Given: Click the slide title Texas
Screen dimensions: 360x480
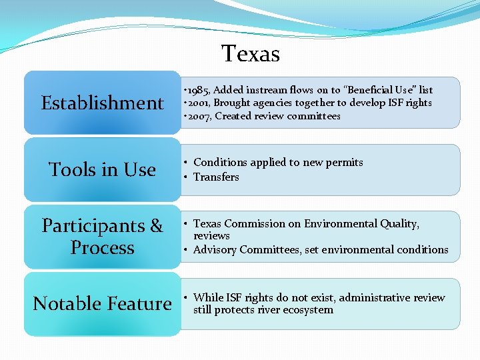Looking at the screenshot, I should coord(251,53).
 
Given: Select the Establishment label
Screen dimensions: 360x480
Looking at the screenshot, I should coord(102,103).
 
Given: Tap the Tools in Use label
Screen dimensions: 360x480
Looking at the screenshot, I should coord(102,170).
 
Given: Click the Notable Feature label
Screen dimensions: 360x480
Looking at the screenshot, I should coord(102,304).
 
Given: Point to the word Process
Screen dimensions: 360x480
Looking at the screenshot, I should coord(102,248).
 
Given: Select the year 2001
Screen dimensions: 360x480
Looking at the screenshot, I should coord(197,103).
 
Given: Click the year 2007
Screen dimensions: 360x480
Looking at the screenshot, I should coord(197,116).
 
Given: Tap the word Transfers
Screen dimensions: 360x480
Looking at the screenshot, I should coord(216,177).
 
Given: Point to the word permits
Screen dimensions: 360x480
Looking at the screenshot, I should coord(343,162).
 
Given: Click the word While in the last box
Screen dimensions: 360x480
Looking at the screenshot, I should coord(207,297).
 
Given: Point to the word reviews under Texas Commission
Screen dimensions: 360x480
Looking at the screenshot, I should coord(211,236).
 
